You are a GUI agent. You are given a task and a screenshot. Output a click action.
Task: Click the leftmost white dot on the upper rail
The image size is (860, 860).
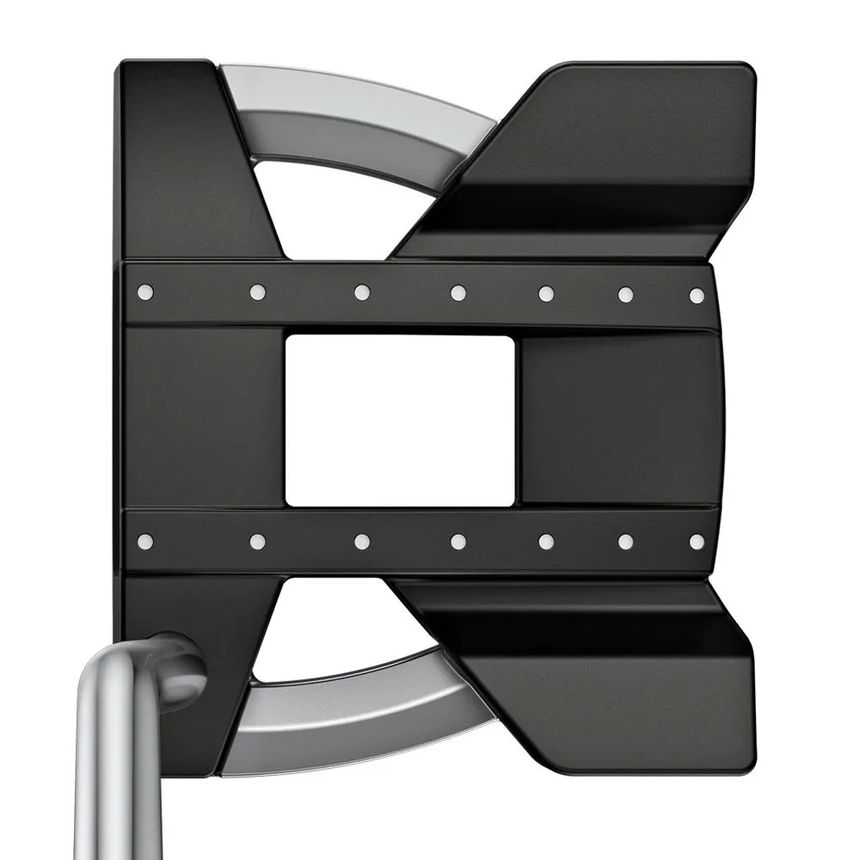click(144, 292)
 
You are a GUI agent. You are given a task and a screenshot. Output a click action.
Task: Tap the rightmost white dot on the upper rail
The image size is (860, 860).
click(697, 295)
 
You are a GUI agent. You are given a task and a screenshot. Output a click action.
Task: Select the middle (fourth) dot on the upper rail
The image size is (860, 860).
click(458, 293)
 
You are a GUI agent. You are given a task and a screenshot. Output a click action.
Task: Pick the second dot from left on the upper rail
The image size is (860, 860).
click(257, 292)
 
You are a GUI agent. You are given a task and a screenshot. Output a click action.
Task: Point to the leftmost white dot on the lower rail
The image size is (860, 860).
click(144, 541)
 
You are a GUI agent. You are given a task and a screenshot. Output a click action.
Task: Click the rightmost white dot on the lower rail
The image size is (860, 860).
click(697, 542)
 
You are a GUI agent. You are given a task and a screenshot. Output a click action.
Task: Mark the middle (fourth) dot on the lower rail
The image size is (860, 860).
click(458, 541)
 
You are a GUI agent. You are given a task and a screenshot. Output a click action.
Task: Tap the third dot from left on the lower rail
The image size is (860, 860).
click(362, 541)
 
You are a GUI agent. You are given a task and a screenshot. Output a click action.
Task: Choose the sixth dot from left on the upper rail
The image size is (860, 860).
click(625, 294)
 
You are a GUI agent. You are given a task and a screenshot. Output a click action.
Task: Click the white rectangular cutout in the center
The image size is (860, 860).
click(400, 420)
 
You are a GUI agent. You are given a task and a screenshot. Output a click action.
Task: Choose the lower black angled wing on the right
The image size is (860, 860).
click(602, 679)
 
